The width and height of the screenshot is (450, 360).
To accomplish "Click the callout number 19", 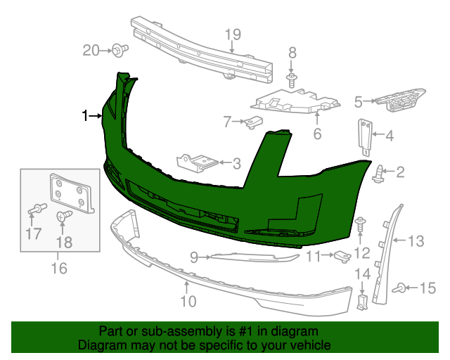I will click(x=232, y=33).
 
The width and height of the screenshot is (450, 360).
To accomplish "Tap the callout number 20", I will click(x=91, y=50).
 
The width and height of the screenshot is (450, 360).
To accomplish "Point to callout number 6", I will click(x=316, y=133).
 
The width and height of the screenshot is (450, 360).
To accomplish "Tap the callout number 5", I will click(x=358, y=102).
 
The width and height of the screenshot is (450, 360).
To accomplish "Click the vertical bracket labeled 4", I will click(x=366, y=136).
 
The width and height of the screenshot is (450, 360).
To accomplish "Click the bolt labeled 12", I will click(x=360, y=225).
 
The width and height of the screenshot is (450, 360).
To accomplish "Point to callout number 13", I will click(x=416, y=242).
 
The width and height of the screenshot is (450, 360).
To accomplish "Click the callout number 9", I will click(x=194, y=257).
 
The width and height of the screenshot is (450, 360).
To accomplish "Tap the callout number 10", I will click(x=187, y=302).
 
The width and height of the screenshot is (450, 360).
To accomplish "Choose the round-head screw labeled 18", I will click(x=63, y=217).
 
